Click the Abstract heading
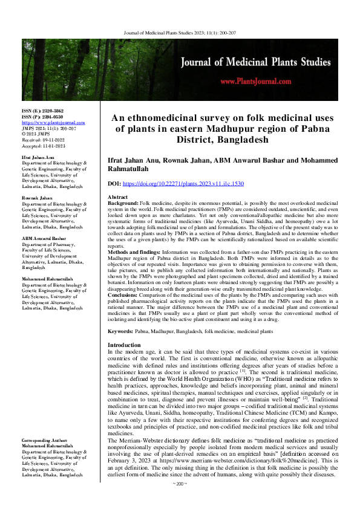pyautogui.click(x=117, y=198)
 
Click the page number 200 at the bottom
pyautogui.click(x=180, y=501)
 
